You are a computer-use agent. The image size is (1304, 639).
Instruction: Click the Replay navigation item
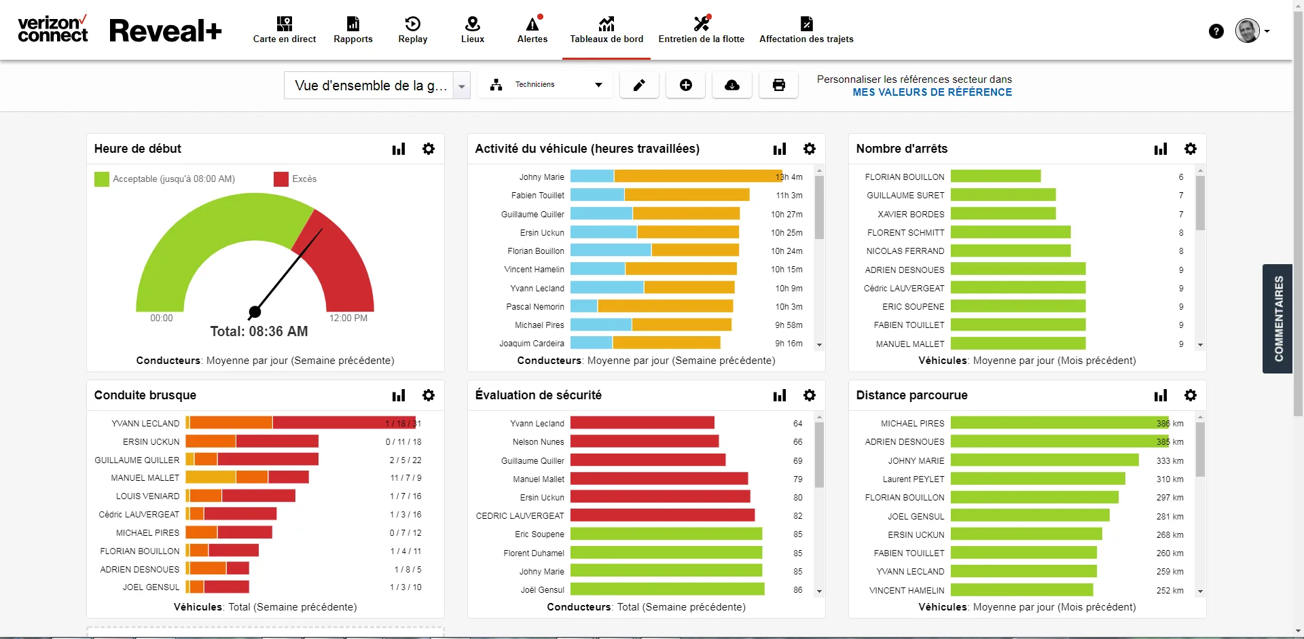click(413, 30)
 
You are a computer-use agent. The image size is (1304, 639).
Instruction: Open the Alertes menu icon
click(533, 24)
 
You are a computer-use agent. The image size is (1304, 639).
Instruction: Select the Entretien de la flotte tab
click(701, 30)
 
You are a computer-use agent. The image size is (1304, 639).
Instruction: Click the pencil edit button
click(639, 85)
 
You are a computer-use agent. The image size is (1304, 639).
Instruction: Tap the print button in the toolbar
click(778, 85)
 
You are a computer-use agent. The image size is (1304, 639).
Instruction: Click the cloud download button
click(732, 85)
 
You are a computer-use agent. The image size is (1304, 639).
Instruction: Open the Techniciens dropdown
click(545, 85)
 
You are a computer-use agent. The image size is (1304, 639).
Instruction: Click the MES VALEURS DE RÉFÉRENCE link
click(932, 92)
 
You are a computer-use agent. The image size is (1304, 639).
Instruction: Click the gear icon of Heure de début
click(429, 149)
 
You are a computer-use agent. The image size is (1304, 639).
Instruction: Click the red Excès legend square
click(281, 179)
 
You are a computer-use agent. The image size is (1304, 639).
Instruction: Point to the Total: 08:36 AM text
click(259, 331)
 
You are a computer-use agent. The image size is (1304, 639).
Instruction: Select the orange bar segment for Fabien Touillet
click(687, 195)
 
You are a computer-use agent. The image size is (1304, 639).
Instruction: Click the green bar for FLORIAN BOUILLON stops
click(996, 177)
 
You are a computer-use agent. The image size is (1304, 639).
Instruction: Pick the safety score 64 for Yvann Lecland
click(797, 424)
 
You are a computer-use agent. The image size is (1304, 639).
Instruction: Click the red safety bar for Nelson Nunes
click(645, 441)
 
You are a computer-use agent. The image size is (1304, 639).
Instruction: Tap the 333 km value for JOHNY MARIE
click(1170, 460)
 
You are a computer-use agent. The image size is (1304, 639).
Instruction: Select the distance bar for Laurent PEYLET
click(1038, 479)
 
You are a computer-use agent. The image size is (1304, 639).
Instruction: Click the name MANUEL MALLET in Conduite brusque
click(145, 478)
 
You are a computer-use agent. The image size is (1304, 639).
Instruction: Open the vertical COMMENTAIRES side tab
click(1278, 318)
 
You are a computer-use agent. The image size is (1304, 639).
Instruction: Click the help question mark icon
click(1216, 31)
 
